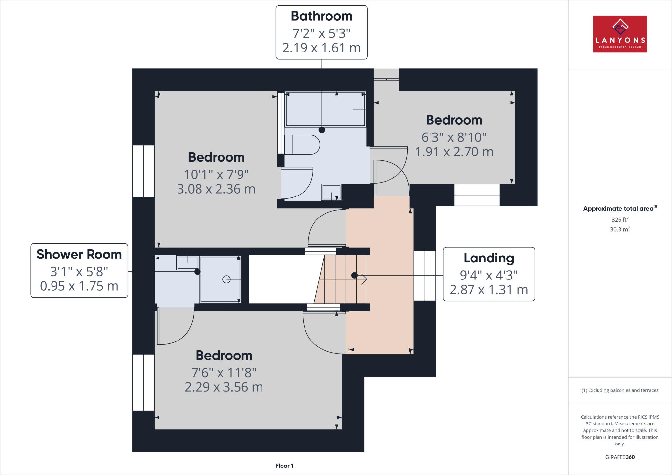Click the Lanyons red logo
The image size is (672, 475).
(x=619, y=34)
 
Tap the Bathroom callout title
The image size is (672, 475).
(x=322, y=16)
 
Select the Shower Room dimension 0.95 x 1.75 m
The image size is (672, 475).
(x=79, y=286)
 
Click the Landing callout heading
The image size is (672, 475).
(x=489, y=258)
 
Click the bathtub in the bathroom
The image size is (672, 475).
(x=325, y=109)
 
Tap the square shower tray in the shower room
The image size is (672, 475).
(x=220, y=279)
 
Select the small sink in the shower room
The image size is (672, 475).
(x=188, y=262)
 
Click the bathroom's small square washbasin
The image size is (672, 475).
(x=331, y=192)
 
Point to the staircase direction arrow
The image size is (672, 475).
(x=364, y=279)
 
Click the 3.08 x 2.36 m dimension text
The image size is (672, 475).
(x=216, y=189)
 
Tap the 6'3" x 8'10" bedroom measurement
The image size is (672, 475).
(x=454, y=137)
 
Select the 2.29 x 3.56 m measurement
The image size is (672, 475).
(x=224, y=387)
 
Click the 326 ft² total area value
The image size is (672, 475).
(x=619, y=220)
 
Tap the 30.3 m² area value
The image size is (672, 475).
(x=619, y=229)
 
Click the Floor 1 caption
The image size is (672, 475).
(x=284, y=466)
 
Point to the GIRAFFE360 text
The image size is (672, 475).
(x=619, y=457)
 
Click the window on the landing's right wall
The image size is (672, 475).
(x=425, y=276)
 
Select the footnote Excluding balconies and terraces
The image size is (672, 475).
(x=619, y=390)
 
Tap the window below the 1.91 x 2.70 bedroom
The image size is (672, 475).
(x=477, y=195)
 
